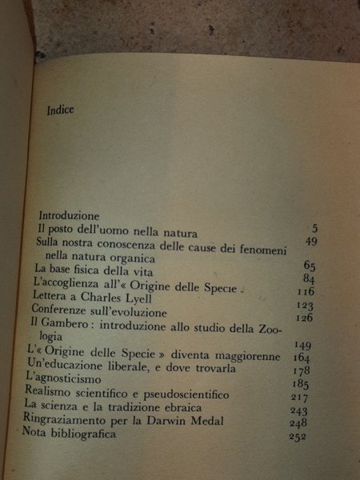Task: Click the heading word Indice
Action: click(61, 110)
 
